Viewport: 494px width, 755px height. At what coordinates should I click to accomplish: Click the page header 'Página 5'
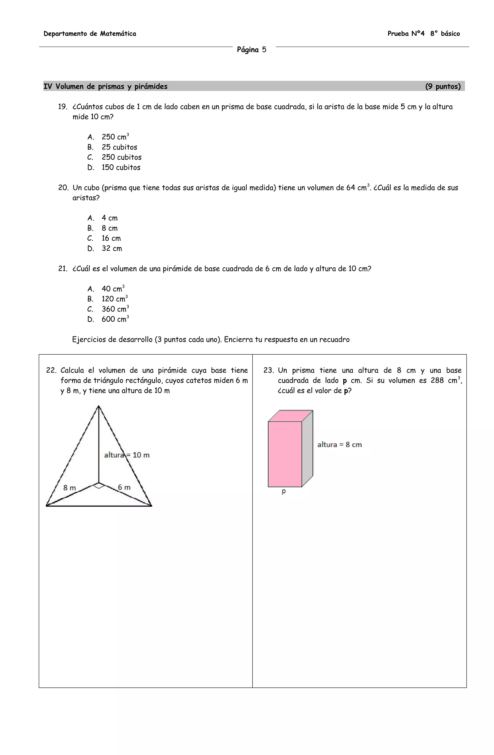click(x=251, y=50)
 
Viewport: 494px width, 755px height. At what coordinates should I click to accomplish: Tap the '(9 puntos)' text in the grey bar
click(x=443, y=87)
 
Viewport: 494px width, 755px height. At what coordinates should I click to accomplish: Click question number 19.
click(x=62, y=107)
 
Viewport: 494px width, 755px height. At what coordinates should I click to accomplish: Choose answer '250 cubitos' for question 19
click(x=121, y=157)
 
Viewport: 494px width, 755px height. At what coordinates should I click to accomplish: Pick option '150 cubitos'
click(x=121, y=168)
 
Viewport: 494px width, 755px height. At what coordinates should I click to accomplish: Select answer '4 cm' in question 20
click(x=109, y=218)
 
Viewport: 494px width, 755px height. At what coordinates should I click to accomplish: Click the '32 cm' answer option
click(x=111, y=249)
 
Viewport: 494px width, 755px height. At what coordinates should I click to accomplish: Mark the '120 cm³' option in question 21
click(x=114, y=299)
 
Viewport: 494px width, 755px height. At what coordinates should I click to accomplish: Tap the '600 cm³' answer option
click(x=115, y=319)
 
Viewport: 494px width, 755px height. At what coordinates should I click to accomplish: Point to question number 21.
click(x=62, y=269)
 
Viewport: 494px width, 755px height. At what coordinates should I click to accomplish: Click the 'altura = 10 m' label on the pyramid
click(x=127, y=455)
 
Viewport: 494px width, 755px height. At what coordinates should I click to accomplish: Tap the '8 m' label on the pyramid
click(x=69, y=488)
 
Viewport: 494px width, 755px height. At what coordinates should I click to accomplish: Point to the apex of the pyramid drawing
click(x=99, y=406)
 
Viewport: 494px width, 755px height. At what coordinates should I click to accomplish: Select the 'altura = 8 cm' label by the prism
click(x=339, y=445)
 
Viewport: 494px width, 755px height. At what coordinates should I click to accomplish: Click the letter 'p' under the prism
click(x=283, y=491)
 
